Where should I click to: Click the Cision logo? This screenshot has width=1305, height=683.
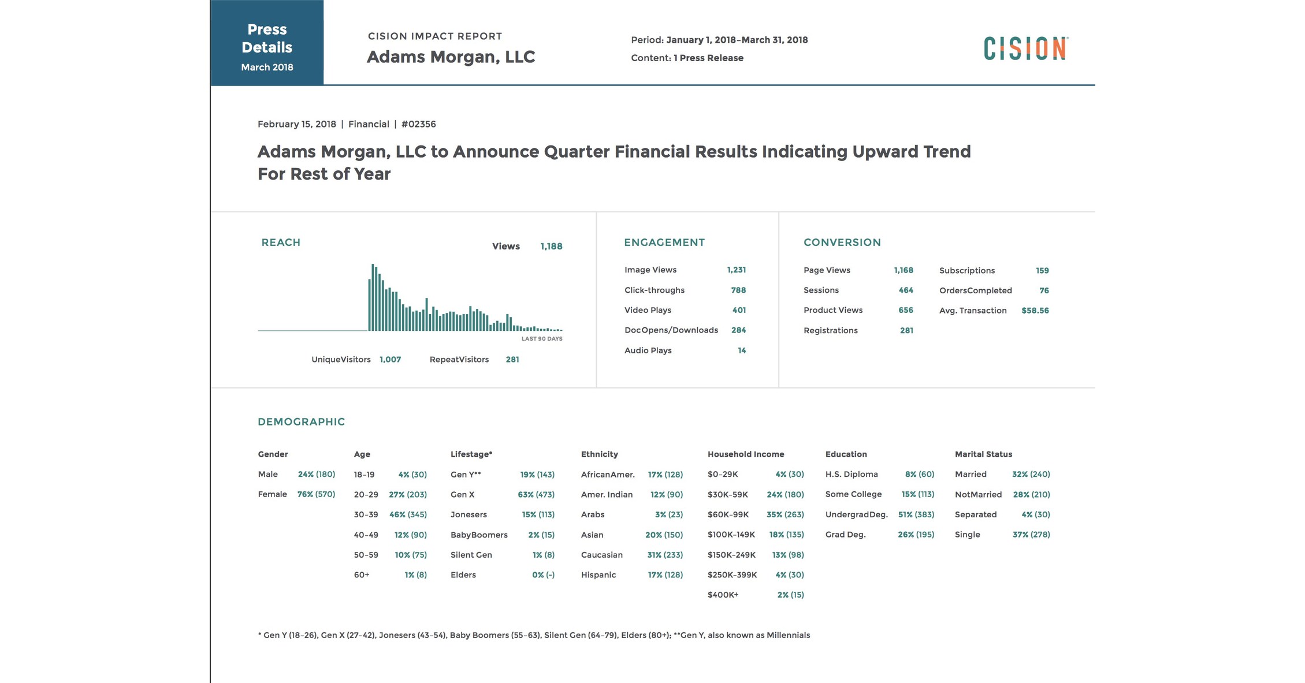(1026, 48)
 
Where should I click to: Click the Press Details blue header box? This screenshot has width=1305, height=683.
(267, 43)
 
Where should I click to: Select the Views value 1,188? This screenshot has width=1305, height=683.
(551, 247)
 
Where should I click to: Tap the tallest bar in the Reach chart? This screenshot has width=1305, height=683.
(373, 297)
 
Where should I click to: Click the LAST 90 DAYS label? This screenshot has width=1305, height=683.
(541, 339)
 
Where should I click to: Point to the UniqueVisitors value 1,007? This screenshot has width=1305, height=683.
(390, 360)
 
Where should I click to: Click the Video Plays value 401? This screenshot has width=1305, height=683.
(739, 310)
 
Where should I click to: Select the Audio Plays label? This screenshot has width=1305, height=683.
(648, 350)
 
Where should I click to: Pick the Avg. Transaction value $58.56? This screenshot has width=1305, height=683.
(1035, 311)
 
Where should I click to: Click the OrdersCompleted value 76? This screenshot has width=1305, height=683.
(1044, 290)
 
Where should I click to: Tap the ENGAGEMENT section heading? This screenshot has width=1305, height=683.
(664, 242)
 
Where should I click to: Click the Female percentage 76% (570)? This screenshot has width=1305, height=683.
(316, 494)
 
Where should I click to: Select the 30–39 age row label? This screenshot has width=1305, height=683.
(366, 514)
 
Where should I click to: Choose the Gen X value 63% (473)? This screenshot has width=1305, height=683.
(536, 495)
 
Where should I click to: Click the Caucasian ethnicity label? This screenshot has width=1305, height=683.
(601, 555)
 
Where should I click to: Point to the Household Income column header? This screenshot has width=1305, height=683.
(745, 454)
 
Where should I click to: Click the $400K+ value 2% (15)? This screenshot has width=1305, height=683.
(790, 595)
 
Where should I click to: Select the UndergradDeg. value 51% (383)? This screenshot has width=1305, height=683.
(916, 514)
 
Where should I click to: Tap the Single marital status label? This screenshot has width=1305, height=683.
(967, 535)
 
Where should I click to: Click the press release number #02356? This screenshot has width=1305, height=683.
(418, 124)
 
